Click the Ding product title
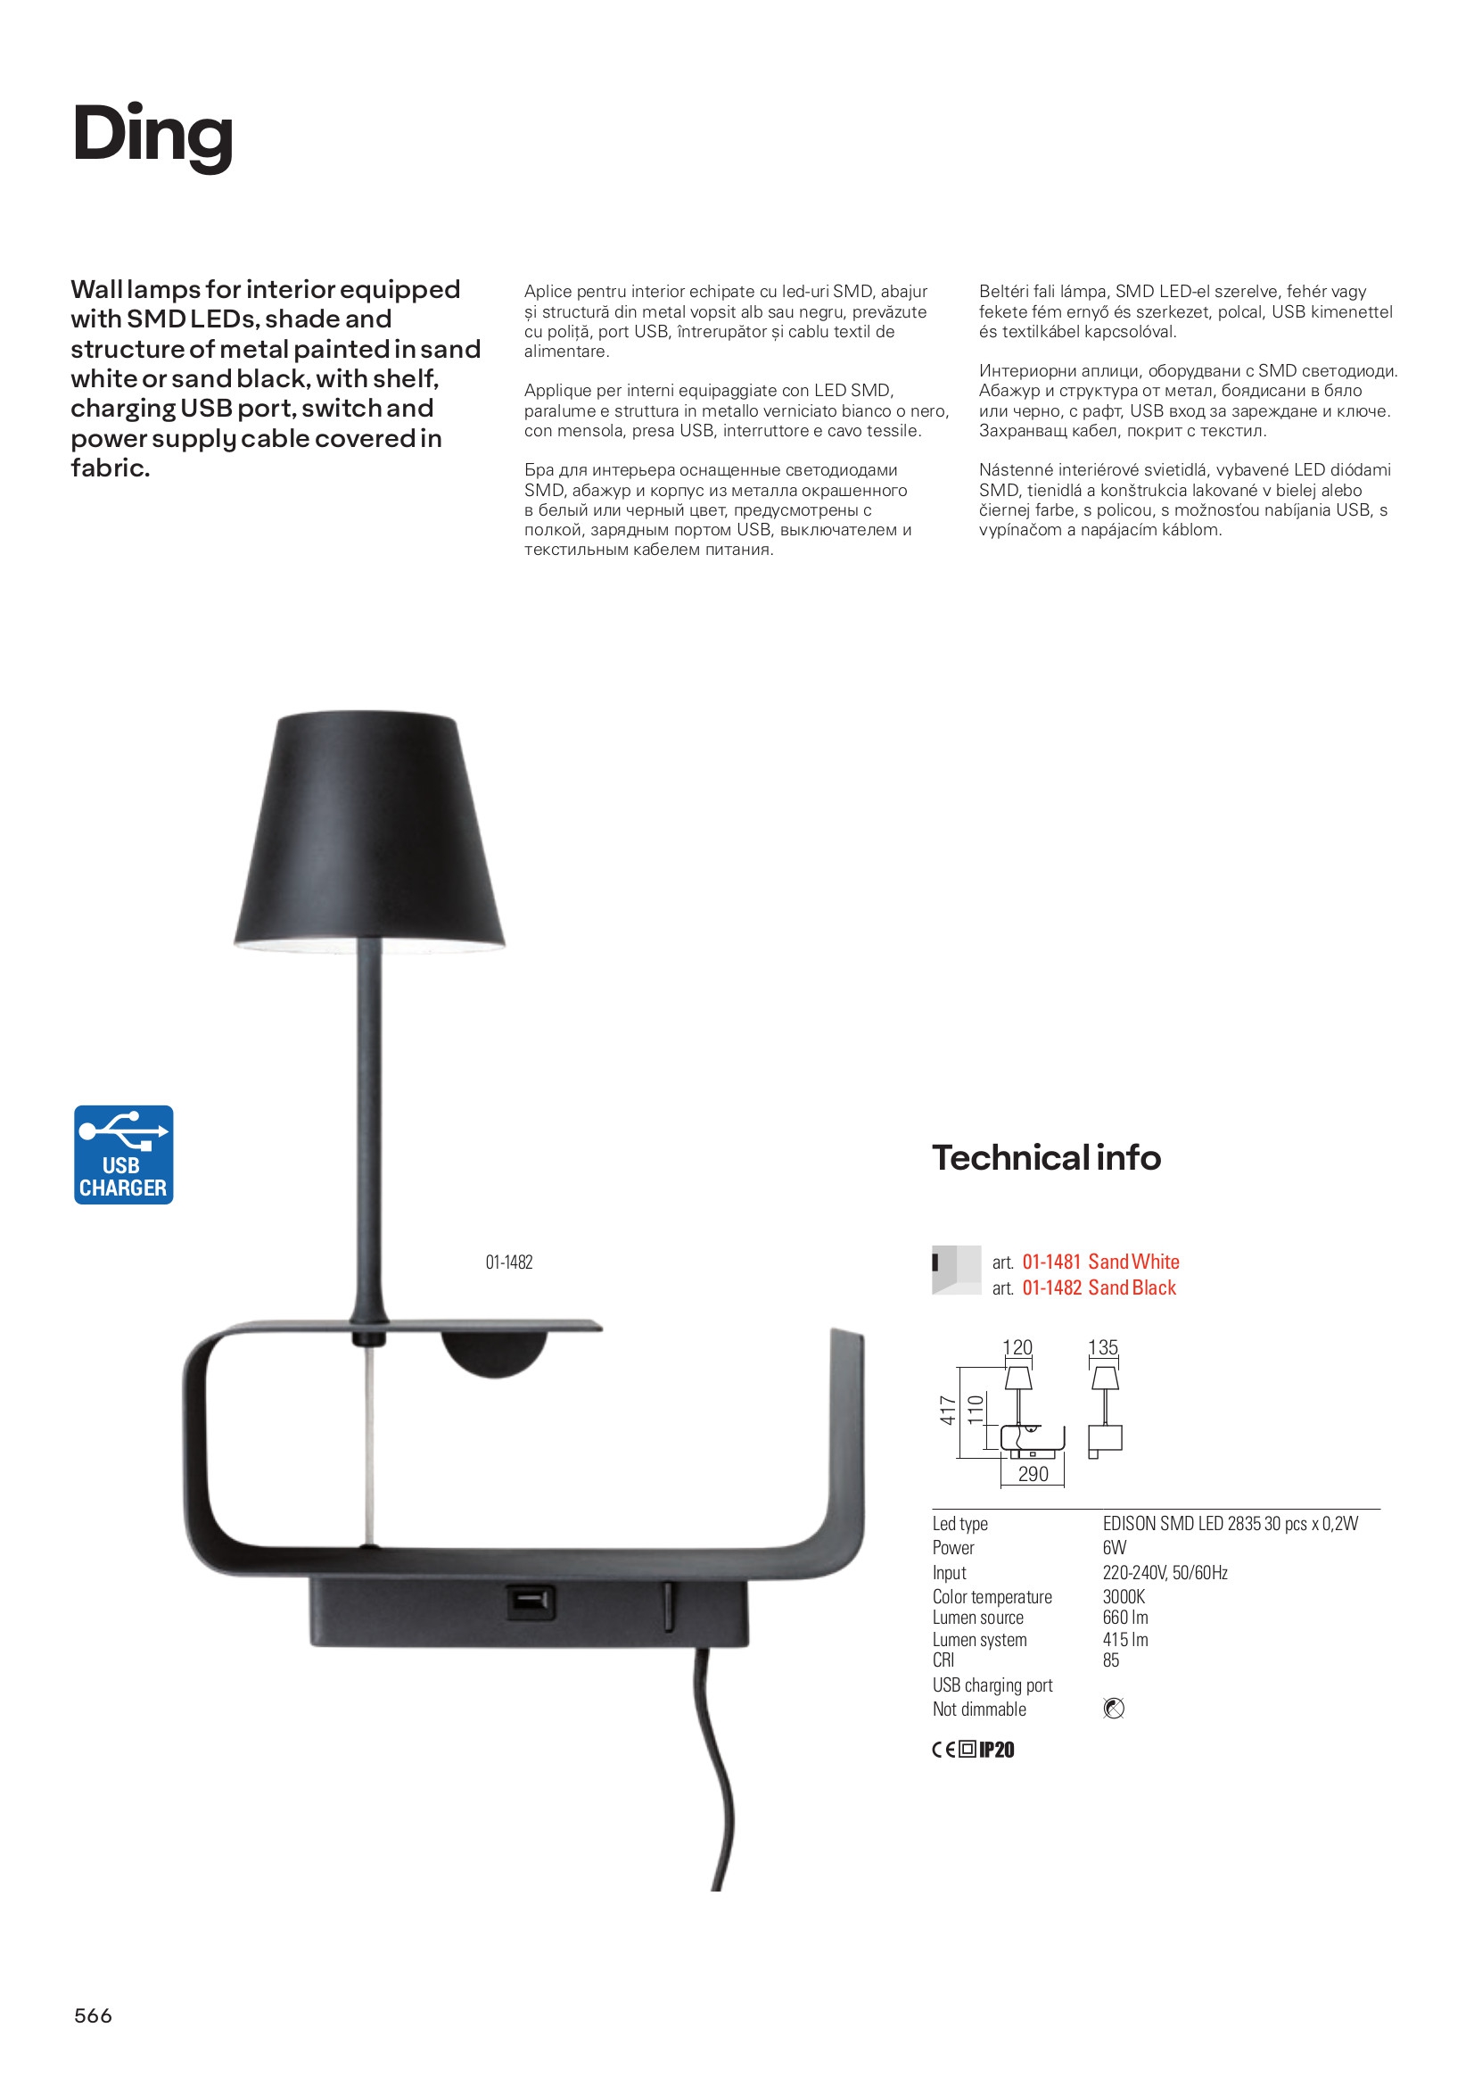tap(152, 136)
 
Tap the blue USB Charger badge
tap(124, 1155)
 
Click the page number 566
tap(93, 2016)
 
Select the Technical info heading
tap(1046, 1157)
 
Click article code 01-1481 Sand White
tap(1099, 1261)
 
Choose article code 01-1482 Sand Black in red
tap(1098, 1287)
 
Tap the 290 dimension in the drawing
tap(1033, 1473)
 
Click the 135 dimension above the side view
tap(1102, 1347)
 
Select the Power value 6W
tap(1114, 1547)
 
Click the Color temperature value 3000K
tap(1124, 1596)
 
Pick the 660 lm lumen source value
tap(1125, 1618)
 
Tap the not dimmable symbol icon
tap(1113, 1708)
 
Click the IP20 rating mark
tap(996, 1750)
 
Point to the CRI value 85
tap(1111, 1660)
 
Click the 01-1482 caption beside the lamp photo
tap(508, 1262)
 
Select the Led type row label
tap(959, 1524)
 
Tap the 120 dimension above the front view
tap(1017, 1347)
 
